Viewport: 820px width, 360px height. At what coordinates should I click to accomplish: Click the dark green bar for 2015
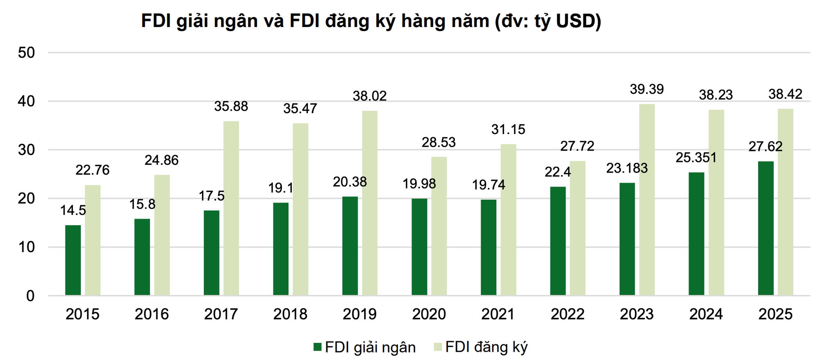(73, 260)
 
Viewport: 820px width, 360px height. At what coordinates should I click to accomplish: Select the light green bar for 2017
(231, 208)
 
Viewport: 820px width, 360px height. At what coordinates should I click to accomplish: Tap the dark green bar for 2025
(765, 228)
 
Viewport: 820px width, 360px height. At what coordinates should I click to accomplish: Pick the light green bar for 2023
(647, 200)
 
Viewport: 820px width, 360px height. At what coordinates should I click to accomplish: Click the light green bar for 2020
(439, 226)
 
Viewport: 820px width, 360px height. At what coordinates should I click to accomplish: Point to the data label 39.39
(647, 89)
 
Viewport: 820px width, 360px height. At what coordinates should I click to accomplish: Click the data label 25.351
(696, 157)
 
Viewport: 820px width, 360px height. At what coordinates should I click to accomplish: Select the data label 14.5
(73, 211)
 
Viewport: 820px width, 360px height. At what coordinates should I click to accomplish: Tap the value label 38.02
(369, 96)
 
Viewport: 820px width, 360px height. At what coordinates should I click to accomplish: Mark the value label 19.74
(488, 185)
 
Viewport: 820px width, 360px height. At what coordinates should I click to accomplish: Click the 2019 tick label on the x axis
(360, 314)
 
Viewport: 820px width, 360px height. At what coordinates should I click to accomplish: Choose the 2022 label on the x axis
(567, 314)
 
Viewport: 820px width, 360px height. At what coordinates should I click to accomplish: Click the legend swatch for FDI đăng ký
(437, 347)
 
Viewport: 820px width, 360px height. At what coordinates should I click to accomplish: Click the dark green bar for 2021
(488, 247)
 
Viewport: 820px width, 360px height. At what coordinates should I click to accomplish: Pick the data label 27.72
(577, 146)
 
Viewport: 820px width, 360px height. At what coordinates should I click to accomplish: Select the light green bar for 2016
(162, 235)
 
